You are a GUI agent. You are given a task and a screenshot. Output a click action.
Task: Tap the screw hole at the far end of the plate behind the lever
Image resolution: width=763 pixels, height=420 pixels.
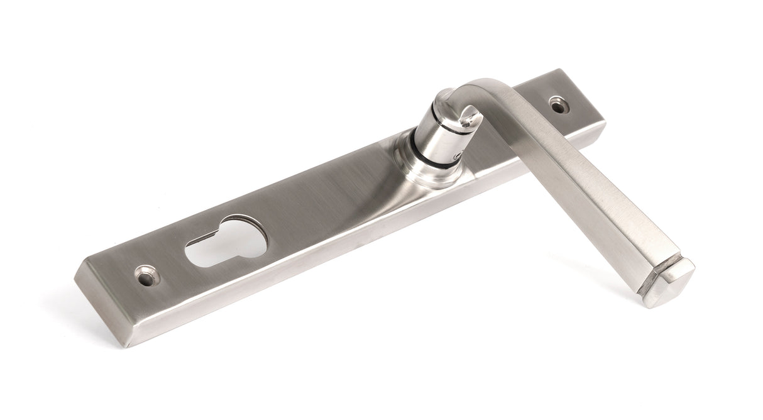[x=556, y=103]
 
